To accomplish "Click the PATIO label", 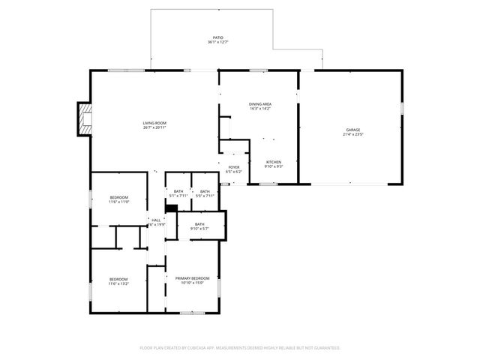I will (217, 37).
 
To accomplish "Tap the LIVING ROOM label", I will (155, 123).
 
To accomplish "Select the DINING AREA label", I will (260, 103).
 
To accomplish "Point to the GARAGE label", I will (352, 130).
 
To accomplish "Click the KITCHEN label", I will (274, 162).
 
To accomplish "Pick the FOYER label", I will (234, 167).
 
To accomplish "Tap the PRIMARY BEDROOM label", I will (193, 278).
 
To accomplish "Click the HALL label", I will (156, 220).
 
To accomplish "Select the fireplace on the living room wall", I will (83, 120).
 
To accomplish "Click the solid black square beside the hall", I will (171, 210).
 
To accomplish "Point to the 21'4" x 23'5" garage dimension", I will (352, 135).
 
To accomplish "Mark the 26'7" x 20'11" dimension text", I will (155, 128).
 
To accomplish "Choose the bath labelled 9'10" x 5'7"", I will (199, 226).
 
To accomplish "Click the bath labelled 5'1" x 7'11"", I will (178, 193).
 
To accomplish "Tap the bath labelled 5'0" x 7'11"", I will (205, 193).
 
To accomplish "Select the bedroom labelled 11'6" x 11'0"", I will (118, 199).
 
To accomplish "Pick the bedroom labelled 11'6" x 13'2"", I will (118, 281).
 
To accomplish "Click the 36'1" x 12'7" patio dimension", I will (217, 42).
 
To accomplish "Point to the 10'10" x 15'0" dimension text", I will (193, 283).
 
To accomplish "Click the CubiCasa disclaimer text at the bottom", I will (240, 348).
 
